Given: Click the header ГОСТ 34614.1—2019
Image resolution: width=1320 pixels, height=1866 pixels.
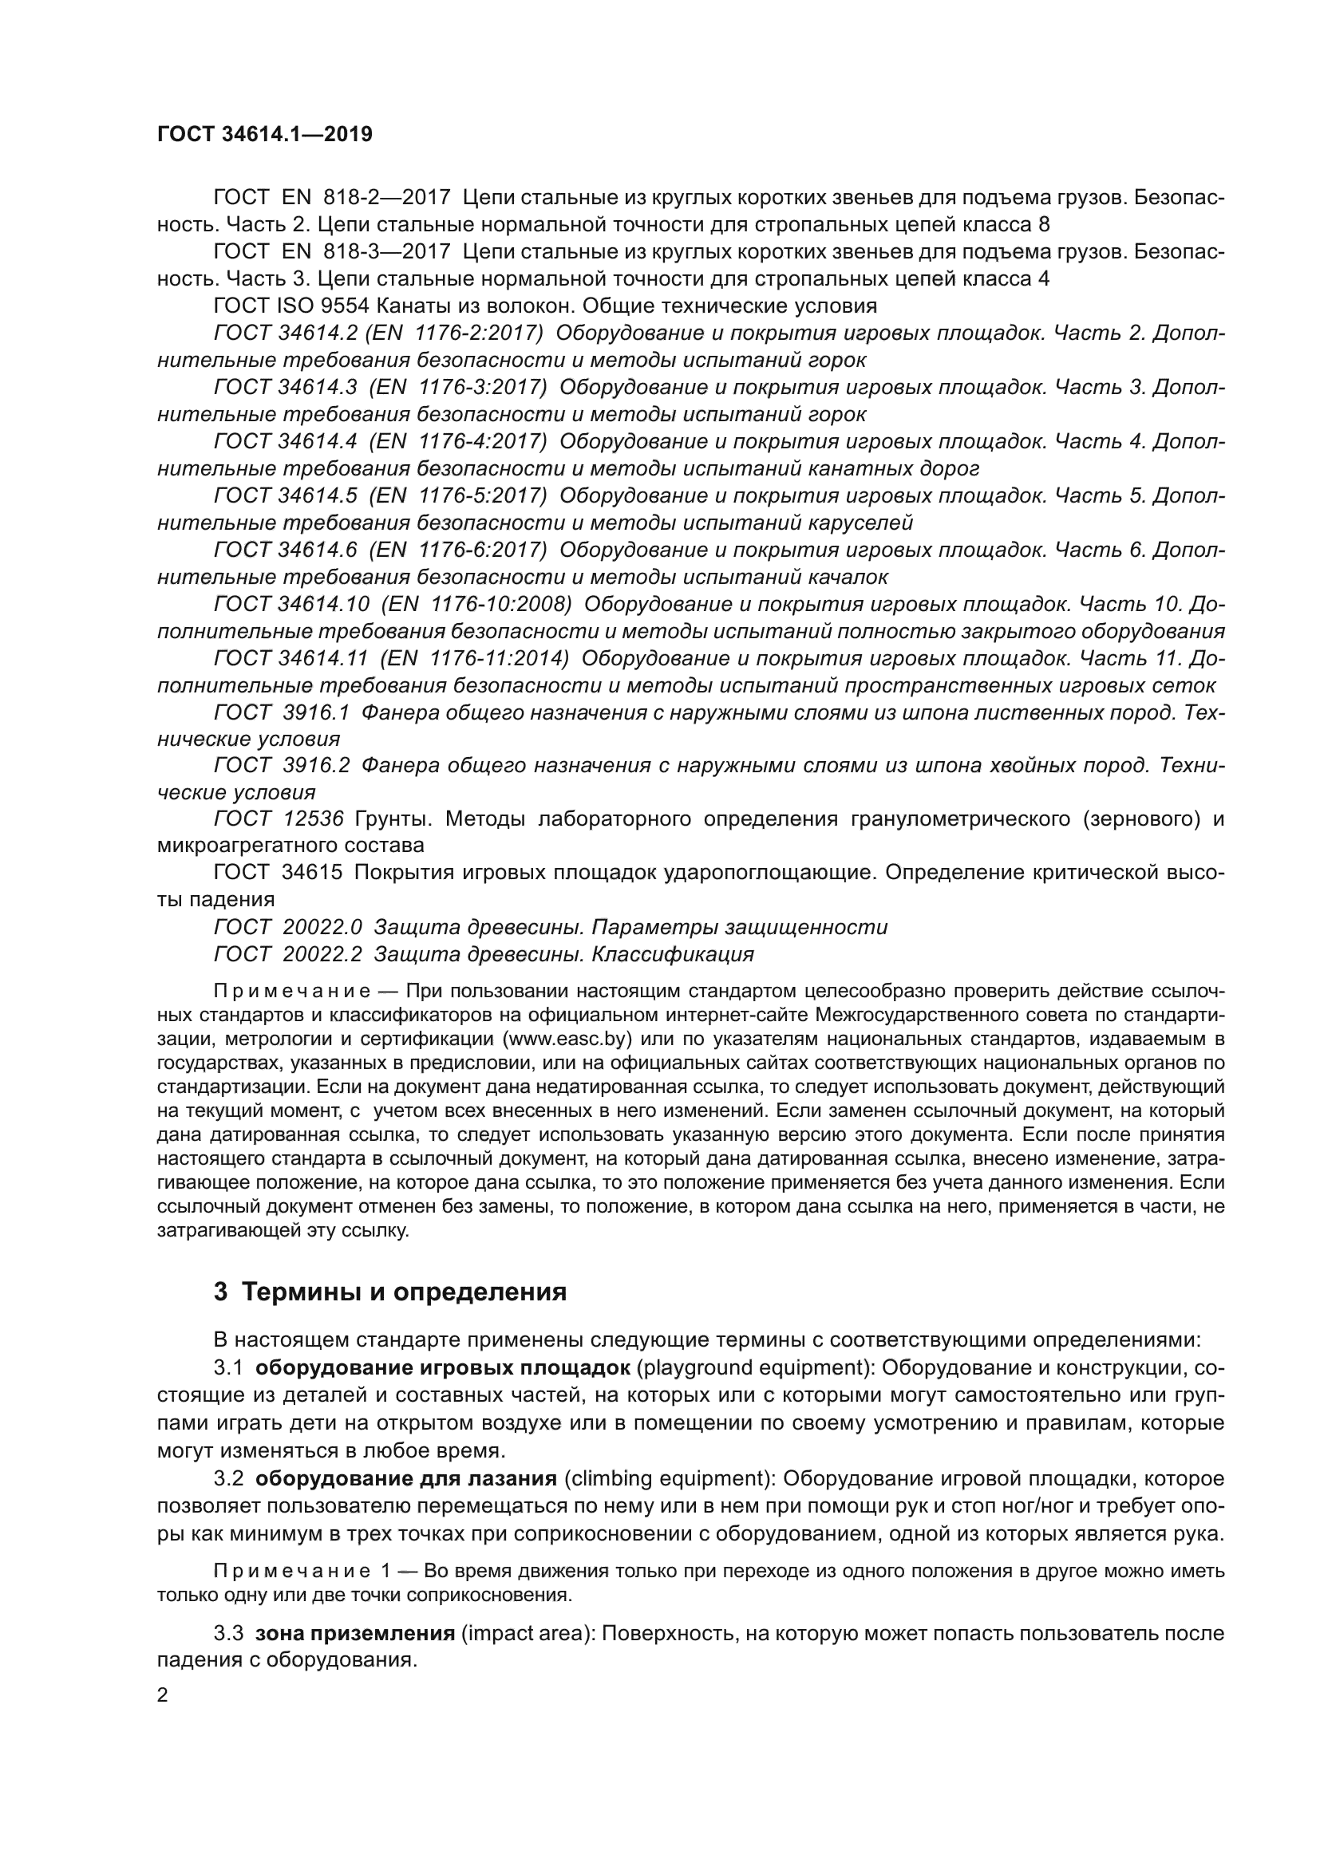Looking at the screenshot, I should coord(264,134).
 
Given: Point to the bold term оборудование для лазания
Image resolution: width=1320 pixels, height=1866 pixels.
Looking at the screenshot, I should coord(405,1477).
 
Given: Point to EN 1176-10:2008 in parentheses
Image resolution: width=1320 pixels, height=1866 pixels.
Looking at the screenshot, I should coord(476,605).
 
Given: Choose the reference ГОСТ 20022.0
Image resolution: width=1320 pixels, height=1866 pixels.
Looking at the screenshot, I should coord(288,927).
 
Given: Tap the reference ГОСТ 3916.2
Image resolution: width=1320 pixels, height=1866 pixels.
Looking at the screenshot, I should coord(280,766).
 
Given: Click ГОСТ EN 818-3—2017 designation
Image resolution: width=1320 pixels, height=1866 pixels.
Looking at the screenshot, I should coord(332,252).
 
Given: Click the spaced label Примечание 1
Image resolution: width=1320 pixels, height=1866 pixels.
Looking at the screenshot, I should coord(304,1571).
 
